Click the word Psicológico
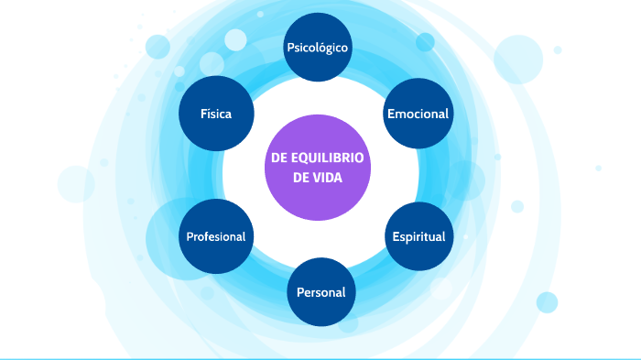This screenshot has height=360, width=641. tap(318, 48)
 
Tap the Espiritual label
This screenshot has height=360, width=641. tap(418, 236)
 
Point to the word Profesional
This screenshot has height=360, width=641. tap(215, 236)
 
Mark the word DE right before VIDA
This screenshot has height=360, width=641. tap(301, 178)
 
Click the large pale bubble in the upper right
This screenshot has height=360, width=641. tap(518, 59)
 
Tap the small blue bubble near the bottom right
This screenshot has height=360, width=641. tap(547, 302)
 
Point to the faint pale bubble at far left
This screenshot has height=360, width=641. tap(76, 183)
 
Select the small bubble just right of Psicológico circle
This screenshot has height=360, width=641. tap(425, 42)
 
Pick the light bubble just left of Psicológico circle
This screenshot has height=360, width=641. tap(236, 39)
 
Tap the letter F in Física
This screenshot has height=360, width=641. tap(204, 115)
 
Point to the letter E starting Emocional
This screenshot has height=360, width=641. tap(391, 115)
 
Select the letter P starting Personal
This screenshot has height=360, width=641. tap(300, 293)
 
